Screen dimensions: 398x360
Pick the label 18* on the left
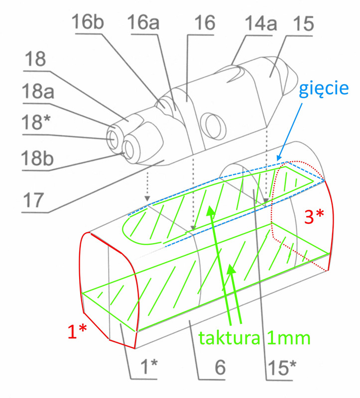37,121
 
